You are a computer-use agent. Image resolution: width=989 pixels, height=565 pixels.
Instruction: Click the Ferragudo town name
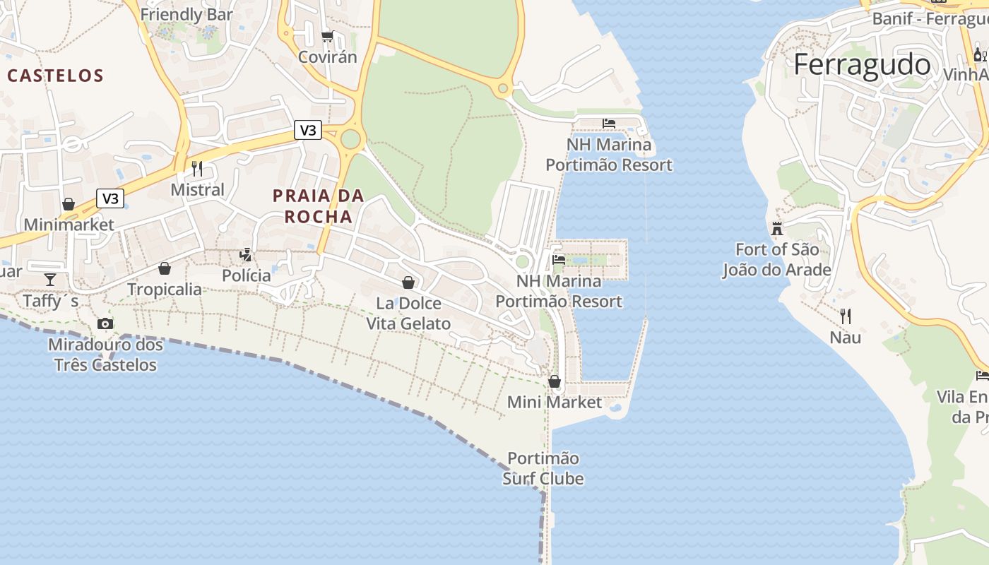(x=862, y=64)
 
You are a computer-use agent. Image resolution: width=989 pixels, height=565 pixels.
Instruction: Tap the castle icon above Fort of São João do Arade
(x=777, y=228)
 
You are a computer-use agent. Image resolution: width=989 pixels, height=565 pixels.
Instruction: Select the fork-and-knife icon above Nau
(x=845, y=316)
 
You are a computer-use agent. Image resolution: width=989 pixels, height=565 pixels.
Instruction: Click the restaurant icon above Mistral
(x=197, y=168)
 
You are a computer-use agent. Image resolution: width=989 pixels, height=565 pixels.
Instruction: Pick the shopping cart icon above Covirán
(x=327, y=36)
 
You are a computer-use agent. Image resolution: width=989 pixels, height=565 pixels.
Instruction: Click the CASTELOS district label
(x=56, y=76)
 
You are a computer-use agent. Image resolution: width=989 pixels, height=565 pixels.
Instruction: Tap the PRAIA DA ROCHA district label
(x=319, y=206)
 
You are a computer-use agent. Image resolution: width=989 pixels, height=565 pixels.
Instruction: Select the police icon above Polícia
(x=246, y=254)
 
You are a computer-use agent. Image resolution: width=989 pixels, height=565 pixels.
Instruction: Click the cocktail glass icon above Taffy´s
(x=50, y=280)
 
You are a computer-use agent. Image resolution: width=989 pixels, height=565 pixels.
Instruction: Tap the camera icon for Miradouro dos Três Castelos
(x=105, y=323)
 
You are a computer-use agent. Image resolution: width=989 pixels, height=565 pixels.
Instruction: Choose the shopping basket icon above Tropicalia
(x=165, y=268)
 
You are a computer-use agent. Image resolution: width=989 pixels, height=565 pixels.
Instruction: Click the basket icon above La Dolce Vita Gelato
(x=408, y=282)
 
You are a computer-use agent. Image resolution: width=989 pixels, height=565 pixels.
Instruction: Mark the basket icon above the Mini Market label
(x=555, y=381)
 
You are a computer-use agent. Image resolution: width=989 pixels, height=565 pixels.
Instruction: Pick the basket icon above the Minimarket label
(x=69, y=204)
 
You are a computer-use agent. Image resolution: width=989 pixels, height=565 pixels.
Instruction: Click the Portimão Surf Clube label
(x=543, y=468)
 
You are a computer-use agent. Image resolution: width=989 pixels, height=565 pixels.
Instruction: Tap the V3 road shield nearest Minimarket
(x=110, y=198)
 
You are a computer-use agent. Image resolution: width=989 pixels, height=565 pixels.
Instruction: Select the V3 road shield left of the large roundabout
(x=308, y=130)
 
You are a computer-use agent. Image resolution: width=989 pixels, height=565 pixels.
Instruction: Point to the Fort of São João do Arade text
(x=776, y=259)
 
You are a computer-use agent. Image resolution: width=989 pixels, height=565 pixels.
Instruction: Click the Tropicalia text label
(x=165, y=289)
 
